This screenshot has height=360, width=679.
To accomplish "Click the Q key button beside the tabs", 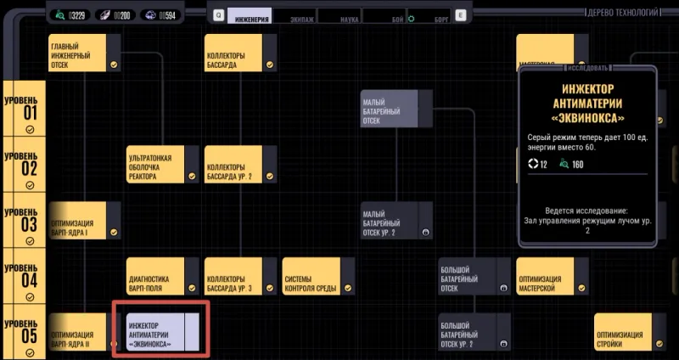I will (218, 15).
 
